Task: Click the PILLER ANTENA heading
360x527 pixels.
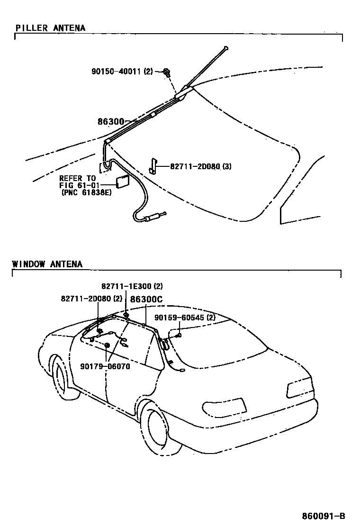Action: pyautogui.click(x=50, y=28)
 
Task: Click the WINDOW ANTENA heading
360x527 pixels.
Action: pyautogui.click(x=47, y=264)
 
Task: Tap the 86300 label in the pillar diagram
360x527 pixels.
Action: pyautogui.click(x=111, y=122)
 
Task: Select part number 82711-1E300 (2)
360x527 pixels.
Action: pyautogui.click(x=132, y=286)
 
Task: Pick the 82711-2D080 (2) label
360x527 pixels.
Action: pyautogui.click(x=91, y=299)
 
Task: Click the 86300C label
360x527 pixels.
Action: pyautogui.click(x=146, y=299)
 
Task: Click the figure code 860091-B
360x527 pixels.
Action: pyautogui.click(x=324, y=516)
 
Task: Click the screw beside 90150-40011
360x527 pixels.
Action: pyautogui.click(x=167, y=72)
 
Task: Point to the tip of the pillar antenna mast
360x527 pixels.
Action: pyautogui.click(x=227, y=47)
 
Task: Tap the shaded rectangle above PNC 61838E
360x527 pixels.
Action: pyautogui.click(x=123, y=182)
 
